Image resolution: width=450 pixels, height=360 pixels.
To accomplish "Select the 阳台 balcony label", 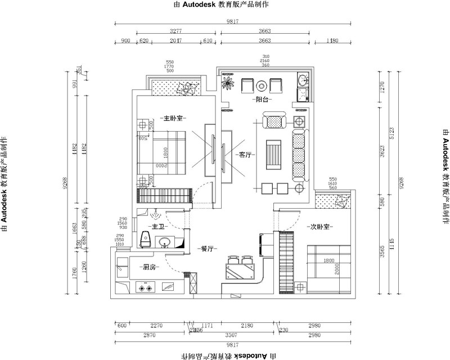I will (260, 100).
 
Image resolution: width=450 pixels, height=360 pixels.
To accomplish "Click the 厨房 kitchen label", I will (149, 267).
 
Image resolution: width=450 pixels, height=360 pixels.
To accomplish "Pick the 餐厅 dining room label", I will (207, 248).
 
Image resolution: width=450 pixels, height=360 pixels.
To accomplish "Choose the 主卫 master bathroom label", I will (156, 227).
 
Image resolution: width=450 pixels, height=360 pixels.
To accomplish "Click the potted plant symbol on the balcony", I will (228, 83).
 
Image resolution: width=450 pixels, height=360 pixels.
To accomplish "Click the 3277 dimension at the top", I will (178, 31).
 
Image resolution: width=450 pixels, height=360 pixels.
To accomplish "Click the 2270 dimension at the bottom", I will (157, 326).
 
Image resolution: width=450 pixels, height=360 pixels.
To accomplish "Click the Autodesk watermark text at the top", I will (225, 4).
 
